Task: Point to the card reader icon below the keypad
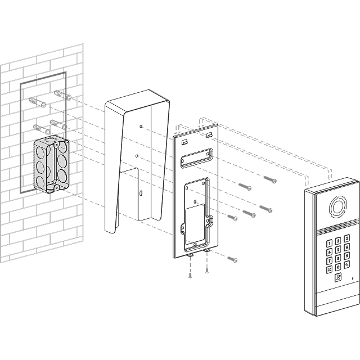[x=337, y=277]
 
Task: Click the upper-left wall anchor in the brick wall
[x=37, y=103]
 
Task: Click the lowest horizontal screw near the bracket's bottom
[x=232, y=259]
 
